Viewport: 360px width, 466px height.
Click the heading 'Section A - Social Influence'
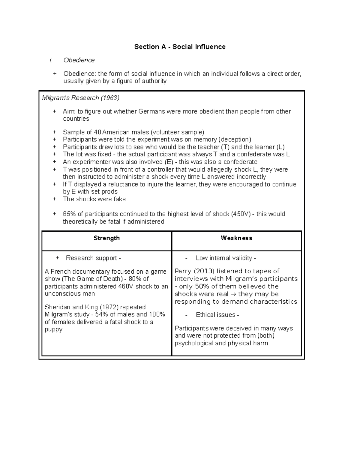click(x=180, y=47)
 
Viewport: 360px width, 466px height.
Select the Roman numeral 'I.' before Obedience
click(x=51, y=60)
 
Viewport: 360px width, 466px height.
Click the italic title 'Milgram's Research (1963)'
click(x=80, y=98)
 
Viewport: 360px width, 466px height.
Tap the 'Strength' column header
click(x=106, y=238)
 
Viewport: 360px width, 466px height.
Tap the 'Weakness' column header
click(x=236, y=238)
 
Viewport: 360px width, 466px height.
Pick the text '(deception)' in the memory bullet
click(x=235, y=140)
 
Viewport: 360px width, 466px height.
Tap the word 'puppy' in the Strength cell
click(x=53, y=329)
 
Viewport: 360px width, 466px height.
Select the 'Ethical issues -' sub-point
click(x=217, y=315)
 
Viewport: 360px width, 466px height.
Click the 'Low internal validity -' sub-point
click(x=226, y=258)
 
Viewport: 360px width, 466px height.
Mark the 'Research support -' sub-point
click(x=93, y=258)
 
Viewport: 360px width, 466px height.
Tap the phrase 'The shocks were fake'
click(x=94, y=199)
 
